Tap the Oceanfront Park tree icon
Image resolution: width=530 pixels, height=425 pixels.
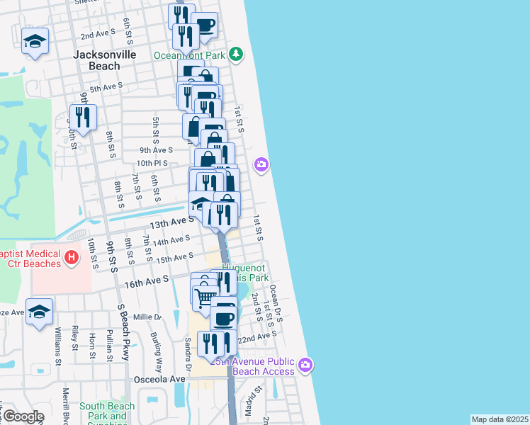point(237,54)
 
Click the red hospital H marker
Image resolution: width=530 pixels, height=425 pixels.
point(72,259)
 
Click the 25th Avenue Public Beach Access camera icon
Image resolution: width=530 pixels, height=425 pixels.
point(305,365)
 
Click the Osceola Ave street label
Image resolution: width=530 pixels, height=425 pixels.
point(159,379)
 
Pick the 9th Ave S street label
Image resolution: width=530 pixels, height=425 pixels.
point(156,150)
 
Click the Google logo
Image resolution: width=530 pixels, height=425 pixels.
point(23,416)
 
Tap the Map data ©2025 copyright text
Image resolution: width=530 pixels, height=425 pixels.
point(500,419)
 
